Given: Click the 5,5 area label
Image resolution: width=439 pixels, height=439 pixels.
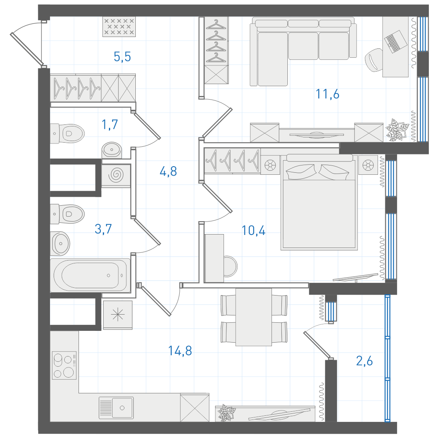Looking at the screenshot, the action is pos(122,57).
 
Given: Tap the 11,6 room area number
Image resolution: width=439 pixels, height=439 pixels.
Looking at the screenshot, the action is pos(327,94).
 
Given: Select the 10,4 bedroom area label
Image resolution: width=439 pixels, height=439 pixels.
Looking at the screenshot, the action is pos(253,230).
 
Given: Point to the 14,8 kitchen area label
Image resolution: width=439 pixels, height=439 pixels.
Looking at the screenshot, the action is pos(180,350).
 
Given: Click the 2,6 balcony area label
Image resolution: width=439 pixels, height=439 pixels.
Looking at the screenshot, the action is pos(364,361).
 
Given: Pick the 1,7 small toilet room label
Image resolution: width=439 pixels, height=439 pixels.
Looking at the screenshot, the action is pos(110,125).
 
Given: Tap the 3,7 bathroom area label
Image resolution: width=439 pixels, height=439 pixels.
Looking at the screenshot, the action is pos(103,229).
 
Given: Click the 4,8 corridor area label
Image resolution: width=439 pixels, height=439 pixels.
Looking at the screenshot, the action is pos(168,172).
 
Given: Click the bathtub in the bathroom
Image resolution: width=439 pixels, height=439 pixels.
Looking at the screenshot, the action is pos(90,275).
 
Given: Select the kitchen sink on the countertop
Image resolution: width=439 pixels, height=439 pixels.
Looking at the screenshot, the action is pos(116,408).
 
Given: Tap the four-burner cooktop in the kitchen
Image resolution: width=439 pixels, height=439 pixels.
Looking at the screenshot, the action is pos(64,365).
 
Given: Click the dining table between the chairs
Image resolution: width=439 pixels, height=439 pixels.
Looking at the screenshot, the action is pos(254,317).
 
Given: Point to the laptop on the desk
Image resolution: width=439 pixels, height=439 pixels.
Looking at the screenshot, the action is pos(396,41).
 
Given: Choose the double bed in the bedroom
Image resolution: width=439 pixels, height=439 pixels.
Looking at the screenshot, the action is pos(319,202).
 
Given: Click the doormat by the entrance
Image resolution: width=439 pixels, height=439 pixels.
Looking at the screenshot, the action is pos(119,26).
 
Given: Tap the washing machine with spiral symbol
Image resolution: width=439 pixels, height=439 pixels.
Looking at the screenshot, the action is pos(116,176).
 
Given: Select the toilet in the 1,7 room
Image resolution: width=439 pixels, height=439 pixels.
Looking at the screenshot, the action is pos(67,133).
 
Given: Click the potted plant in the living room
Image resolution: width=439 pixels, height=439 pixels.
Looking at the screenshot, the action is pos(397,130).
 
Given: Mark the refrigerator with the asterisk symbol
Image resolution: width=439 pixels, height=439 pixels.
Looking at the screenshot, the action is pos(118,315).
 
